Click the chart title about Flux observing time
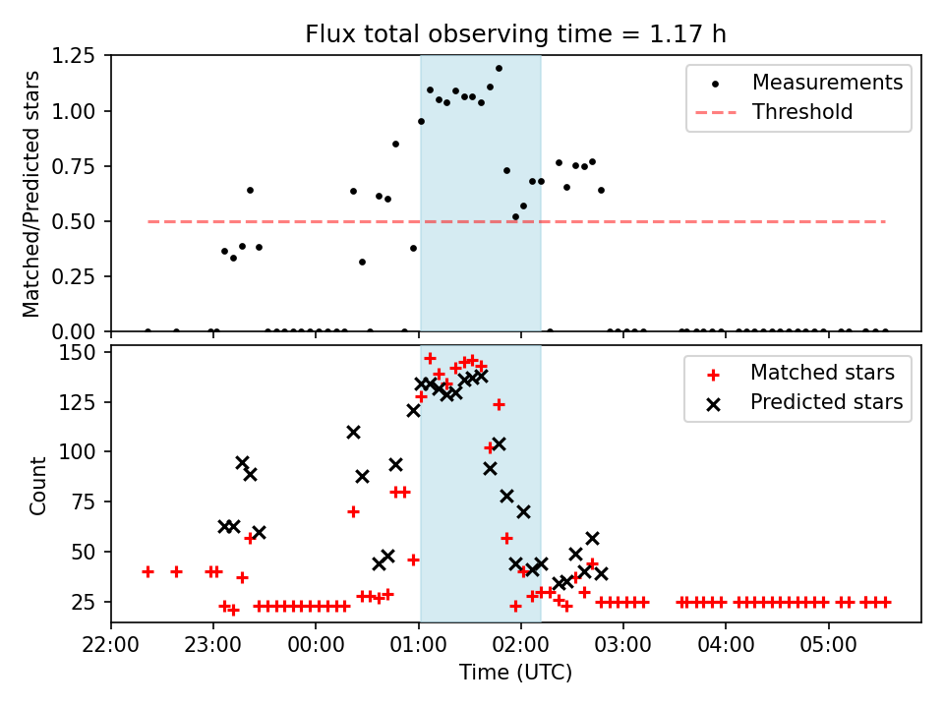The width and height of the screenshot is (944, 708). pyautogui.click(x=515, y=34)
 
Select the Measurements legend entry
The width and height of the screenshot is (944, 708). pyautogui.click(x=827, y=83)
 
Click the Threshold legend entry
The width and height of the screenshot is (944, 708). pyautogui.click(x=802, y=112)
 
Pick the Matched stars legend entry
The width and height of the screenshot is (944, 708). pyautogui.click(x=822, y=373)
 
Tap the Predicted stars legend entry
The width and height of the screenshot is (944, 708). pyautogui.click(x=826, y=402)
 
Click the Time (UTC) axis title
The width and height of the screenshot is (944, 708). pyautogui.click(x=515, y=673)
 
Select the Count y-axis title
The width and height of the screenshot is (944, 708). pyautogui.click(x=38, y=486)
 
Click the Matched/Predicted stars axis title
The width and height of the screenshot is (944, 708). pyautogui.click(x=31, y=194)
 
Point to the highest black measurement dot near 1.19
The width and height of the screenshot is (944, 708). pyautogui.click(x=499, y=69)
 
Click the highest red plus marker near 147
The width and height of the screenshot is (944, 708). pyautogui.click(x=430, y=358)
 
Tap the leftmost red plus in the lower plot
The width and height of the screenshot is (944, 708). pyautogui.click(x=147, y=571)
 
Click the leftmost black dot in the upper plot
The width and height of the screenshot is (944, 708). pyautogui.click(x=147, y=331)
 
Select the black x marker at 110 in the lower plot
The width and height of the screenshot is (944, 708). pyautogui.click(x=353, y=432)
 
